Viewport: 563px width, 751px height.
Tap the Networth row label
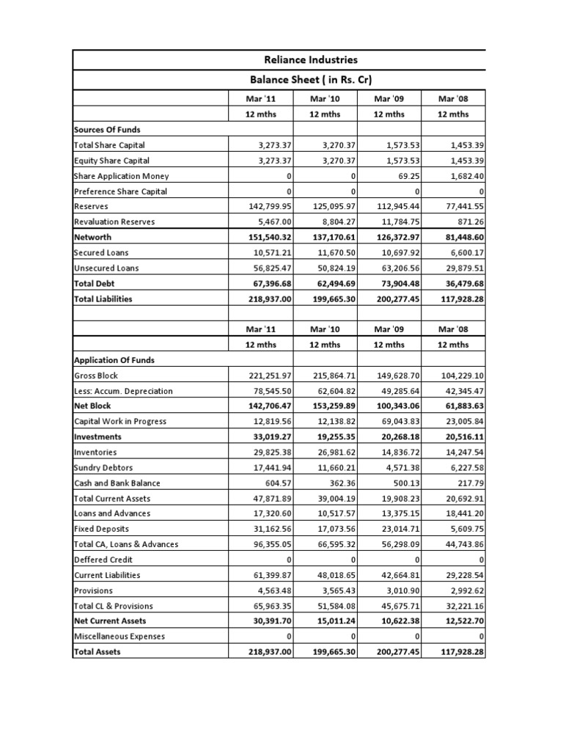(94, 238)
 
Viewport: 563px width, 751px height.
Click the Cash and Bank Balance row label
(117, 483)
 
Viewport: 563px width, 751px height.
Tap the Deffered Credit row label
(103, 560)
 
